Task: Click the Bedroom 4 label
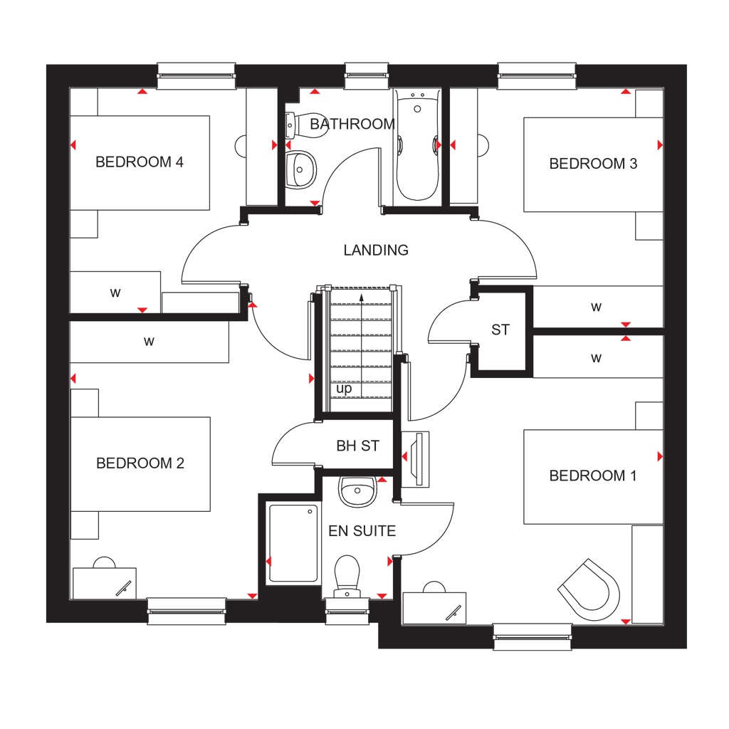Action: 140,162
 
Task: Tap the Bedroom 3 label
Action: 593,164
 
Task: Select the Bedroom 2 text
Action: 140,463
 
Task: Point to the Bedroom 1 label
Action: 593,476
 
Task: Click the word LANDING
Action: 376,250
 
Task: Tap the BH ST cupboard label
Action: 357,446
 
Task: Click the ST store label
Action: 500,330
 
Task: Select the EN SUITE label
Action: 362,531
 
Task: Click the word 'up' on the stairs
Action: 344,389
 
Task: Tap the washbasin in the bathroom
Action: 300,169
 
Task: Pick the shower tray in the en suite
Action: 293,543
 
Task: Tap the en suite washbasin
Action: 357,491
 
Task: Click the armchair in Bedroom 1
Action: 589,589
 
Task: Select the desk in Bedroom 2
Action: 105,583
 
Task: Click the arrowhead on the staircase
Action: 361,298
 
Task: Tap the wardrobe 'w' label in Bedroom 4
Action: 115,293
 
